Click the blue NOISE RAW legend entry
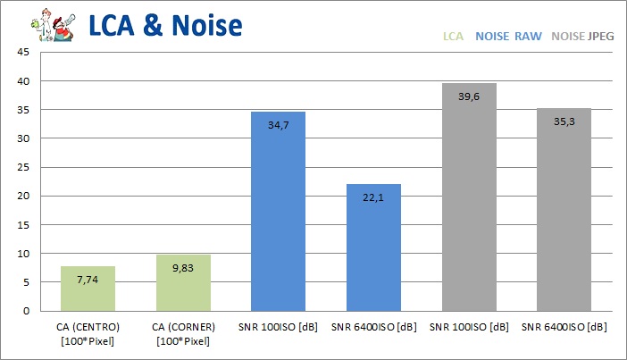pos(509,37)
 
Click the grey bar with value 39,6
pos(468,197)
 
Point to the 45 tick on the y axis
pos(24,53)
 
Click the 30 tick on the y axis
pos(24,138)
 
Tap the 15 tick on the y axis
pos(24,225)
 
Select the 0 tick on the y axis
pos(27,311)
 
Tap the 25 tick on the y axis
pos(24,168)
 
